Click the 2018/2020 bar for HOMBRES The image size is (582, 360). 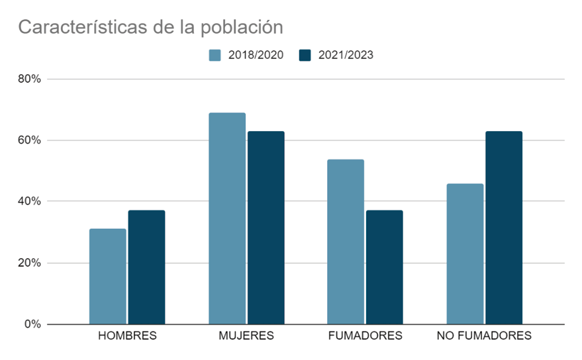[107, 277]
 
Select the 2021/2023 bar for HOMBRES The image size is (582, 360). [146, 267]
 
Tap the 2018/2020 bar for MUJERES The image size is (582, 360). [227, 218]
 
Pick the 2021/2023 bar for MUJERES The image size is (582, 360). [266, 228]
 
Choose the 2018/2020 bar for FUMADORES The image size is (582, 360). [346, 242]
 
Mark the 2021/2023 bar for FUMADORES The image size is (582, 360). [384, 267]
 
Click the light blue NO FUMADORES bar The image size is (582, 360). [465, 253]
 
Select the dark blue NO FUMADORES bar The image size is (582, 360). [504, 228]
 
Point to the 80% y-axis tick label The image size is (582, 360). [30, 79]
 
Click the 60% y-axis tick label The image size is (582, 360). [30, 140]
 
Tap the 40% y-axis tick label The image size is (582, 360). [30, 201]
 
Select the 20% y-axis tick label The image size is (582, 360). [30, 263]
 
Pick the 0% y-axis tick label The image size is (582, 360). [32, 324]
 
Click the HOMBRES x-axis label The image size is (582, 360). [127, 336]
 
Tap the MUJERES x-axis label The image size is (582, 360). [246, 336]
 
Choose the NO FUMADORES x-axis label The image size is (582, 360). [484, 336]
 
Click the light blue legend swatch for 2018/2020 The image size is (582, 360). [215, 55]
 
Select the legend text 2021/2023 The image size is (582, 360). [346, 55]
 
